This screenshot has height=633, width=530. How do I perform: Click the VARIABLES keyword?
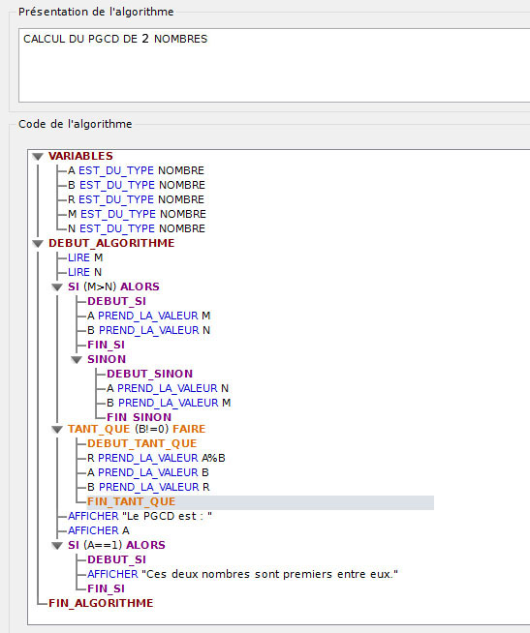click(x=80, y=156)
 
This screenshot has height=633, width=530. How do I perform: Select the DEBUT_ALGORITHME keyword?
click(x=111, y=244)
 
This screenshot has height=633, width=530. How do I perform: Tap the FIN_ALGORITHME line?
click(x=101, y=603)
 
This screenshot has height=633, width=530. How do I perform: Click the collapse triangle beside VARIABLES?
click(x=38, y=157)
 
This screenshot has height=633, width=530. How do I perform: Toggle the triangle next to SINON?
click(x=77, y=360)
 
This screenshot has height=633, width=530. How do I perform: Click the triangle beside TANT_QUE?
click(x=57, y=430)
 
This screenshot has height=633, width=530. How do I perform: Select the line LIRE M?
click(x=85, y=257)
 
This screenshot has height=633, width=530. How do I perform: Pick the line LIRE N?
click(x=85, y=272)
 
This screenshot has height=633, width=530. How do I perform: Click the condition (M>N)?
click(x=100, y=287)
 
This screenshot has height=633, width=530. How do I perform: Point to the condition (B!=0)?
click(x=151, y=429)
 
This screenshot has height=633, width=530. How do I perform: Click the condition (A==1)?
click(x=103, y=545)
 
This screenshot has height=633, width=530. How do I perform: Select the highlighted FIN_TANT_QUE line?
click(x=132, y=501)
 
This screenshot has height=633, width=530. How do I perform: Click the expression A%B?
click(x=213, y=458)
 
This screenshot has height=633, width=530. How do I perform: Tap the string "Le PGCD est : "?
click(x=167, y=516)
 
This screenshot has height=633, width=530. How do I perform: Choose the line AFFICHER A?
click(x=99, y=530)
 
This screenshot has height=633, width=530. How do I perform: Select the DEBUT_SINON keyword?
click(x=149, y=375)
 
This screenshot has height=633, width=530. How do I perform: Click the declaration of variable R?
click(x=137, y=199)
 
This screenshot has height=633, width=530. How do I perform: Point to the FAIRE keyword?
click(x=189, y=429)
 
